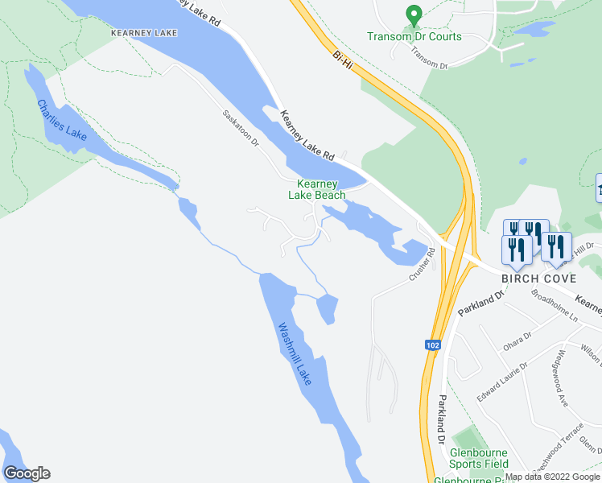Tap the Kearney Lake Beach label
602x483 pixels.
tap(317, 189)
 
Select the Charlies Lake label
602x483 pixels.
tap(61, 121)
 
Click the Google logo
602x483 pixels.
tap(27, 473)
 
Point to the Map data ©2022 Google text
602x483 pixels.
tap(552, 477)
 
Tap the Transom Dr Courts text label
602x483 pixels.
tap(414, 36)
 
